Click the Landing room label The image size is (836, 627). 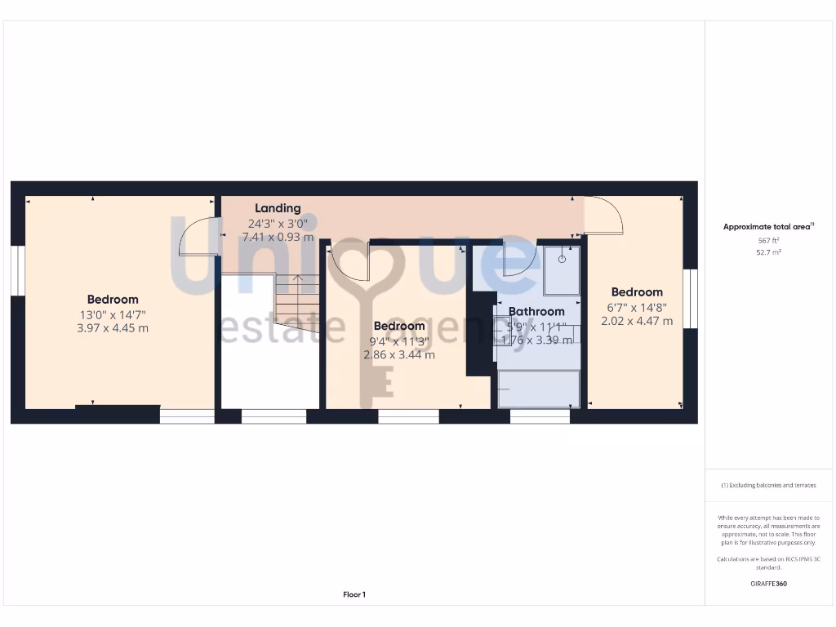pos(278,208)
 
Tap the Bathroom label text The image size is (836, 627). pos(536,311)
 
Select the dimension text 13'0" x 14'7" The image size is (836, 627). pos(113,314)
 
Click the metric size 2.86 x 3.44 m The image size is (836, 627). pos(399,355)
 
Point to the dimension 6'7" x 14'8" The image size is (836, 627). pos(637,307)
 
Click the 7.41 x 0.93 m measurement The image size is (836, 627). pos(278,238)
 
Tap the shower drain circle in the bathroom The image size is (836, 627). pos(562,259)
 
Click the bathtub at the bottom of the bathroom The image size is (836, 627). pos(539,389)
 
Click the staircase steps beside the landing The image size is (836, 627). pos(296,298)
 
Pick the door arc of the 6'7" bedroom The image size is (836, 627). pos(605,216)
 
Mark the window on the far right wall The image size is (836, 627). pos(691,299)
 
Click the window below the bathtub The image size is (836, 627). pos(540,416)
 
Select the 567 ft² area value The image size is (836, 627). pos(768,241)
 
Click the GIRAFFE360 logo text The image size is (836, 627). pos(768,584)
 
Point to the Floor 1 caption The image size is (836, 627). pos(354,595)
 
